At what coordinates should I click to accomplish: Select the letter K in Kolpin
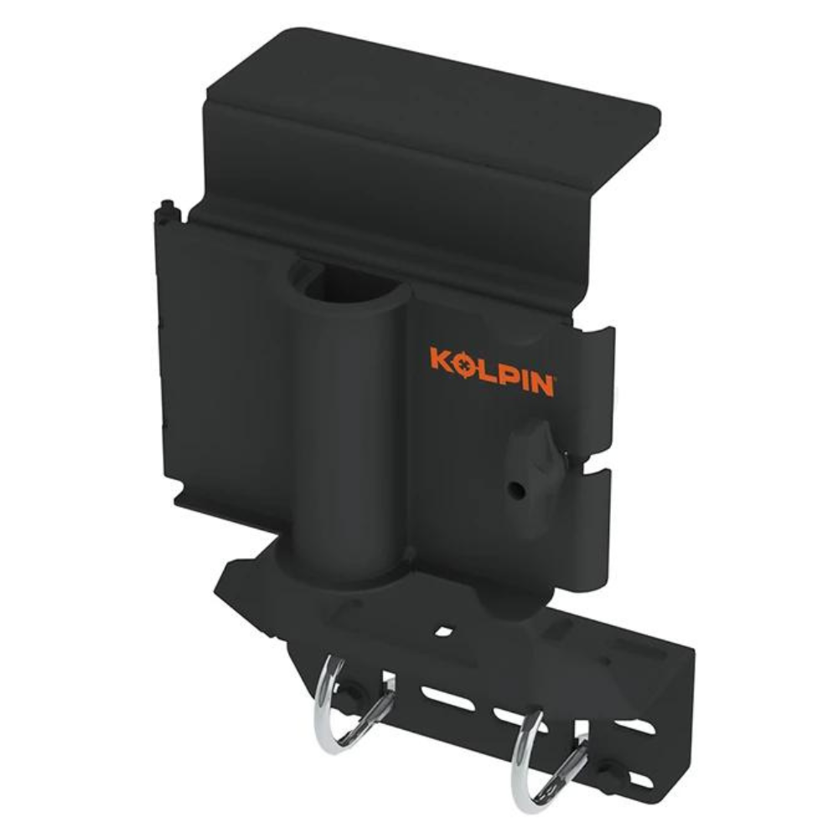tap(440, 360)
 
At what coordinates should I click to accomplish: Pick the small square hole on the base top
tap(443, 631)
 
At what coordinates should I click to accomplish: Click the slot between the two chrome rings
tap(447, 699)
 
